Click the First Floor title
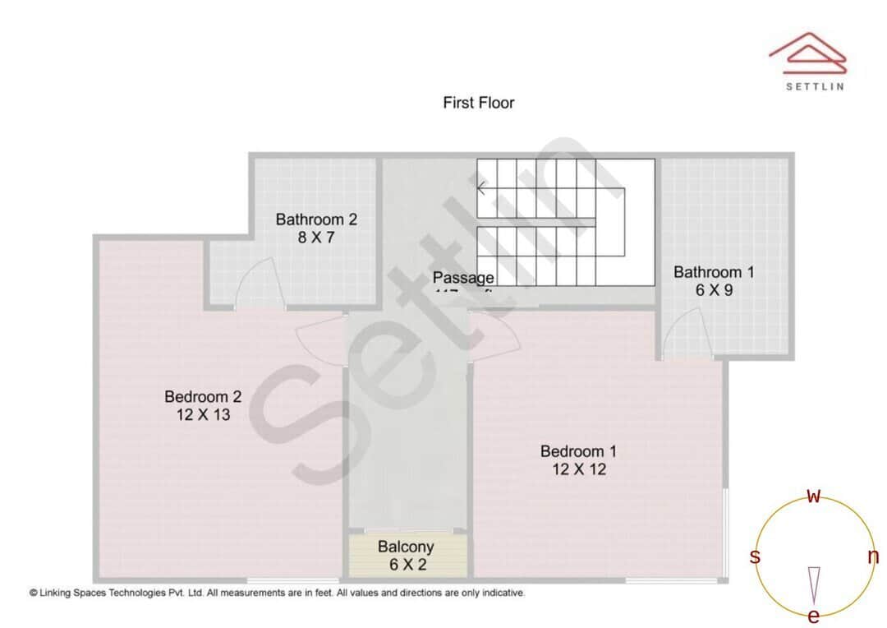coord(478,103)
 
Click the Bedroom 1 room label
coord(578,451)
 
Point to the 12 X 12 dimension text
coord(578,470)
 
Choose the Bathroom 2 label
coord(316,219)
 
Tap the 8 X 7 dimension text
coord(316,238)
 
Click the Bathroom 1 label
coord(714,272)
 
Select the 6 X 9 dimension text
coord(714,290)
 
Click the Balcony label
coord(406,547)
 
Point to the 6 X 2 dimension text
coord(406,565)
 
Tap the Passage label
coord(463,278)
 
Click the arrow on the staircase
coord(482,188)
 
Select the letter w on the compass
coord(814,496)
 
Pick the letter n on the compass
coord(873,557)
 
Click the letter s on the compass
coord(755,557)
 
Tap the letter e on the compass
coord(814,616)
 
